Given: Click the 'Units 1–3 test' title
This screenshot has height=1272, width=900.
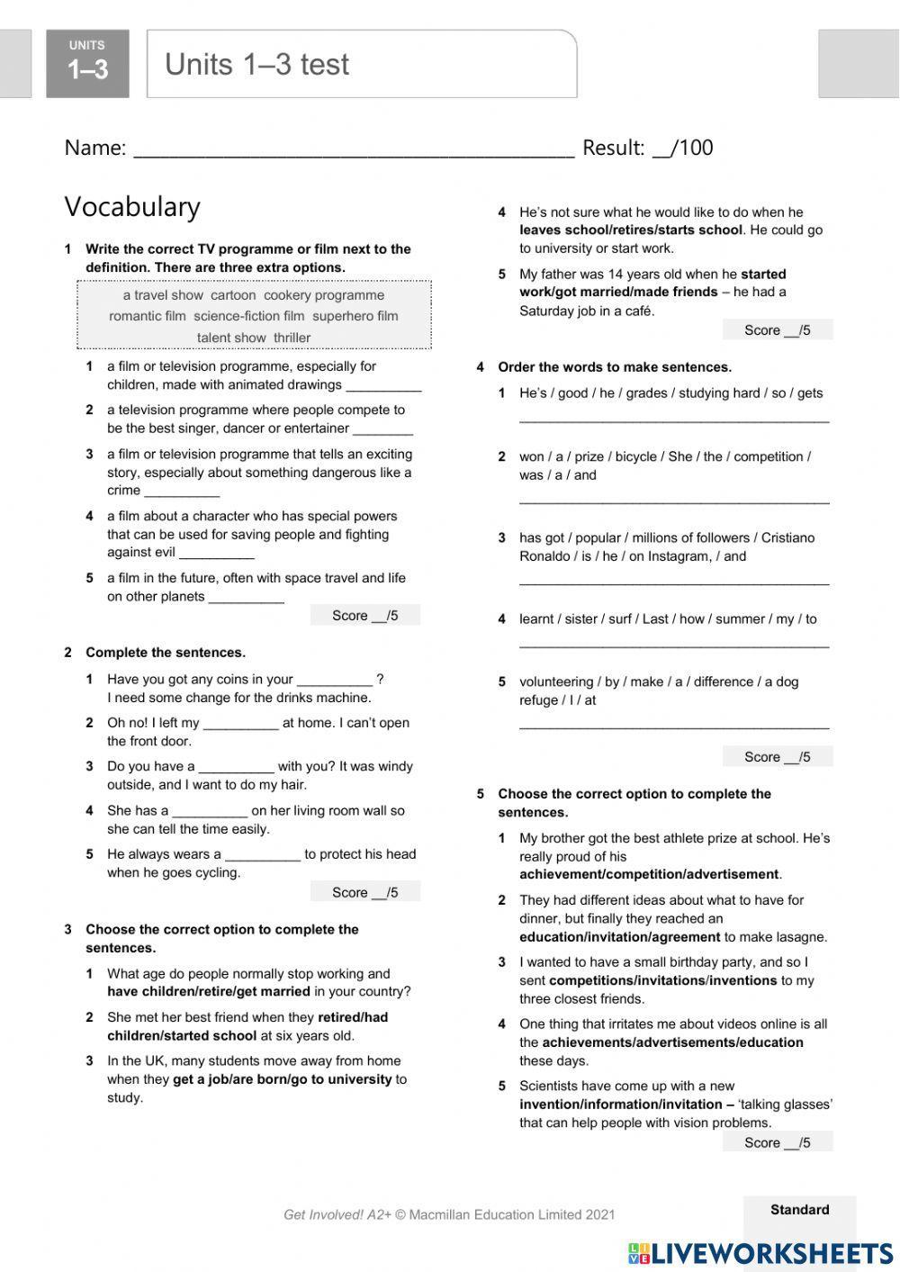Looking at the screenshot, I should [x=256, y=65].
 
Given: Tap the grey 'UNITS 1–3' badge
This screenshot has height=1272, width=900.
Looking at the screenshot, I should [x=87, y=62].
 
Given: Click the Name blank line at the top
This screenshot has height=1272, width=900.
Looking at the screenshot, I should [x=353, y=149].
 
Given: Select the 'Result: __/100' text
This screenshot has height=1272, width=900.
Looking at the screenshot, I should [x=647, y=148].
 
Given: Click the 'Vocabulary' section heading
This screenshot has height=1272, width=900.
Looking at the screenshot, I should [x=132, y=207].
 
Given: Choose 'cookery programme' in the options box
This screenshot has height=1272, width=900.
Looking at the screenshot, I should [x=324, y=295].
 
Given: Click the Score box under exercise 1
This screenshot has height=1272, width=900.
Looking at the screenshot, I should [x=364, y=616].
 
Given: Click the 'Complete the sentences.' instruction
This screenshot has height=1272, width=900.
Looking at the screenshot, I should [x=166, y=653].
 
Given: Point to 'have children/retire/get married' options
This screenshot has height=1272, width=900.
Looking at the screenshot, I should [x=209, y=992].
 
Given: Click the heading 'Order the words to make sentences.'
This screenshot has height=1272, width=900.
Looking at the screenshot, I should [x=615, y=367].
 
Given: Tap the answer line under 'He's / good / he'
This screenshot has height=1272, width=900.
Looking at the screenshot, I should [x=673, y=419].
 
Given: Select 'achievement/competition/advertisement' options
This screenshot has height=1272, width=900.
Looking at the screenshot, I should [x=649, y=874].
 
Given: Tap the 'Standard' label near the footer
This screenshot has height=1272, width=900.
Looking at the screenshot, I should [x=799, y=1210].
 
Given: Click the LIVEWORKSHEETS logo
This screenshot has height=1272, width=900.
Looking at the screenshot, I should [x=760, y=1253].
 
